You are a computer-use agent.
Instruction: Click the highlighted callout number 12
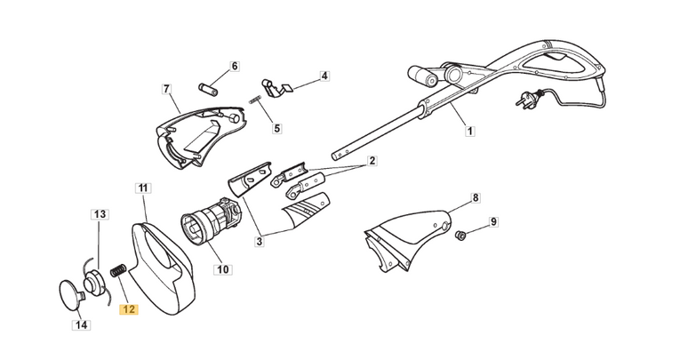[129, 310]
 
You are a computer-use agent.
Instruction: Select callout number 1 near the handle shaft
[469, 132]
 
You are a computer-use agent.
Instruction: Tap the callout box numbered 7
[165, 88]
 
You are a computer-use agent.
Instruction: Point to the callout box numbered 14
[81, 325]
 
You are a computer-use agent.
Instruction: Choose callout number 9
[494, 221]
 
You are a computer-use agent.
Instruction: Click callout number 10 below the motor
[221, 268]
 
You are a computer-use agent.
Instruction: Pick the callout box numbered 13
[100, 214]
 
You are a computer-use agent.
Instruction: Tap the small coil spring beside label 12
[115, 272]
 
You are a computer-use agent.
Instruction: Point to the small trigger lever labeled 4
[283, 86]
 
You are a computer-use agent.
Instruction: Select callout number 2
[372, 161]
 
